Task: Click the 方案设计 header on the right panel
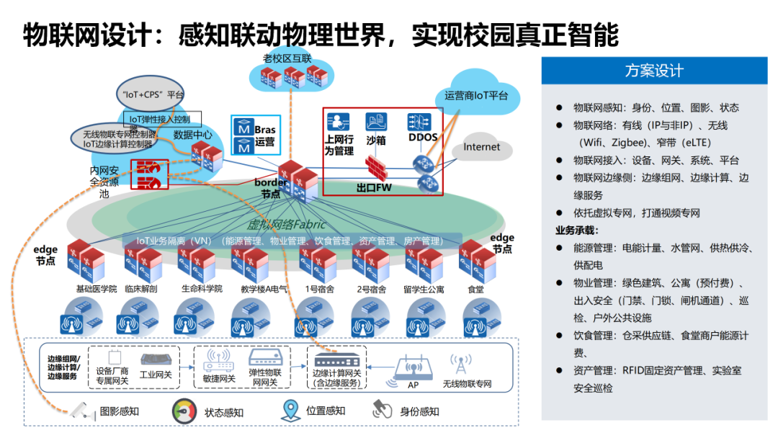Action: coord(653,71)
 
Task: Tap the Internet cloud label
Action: coord(481,147)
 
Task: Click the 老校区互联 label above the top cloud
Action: coord(287,58)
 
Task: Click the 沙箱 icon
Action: coord(375,122)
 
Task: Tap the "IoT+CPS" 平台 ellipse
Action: coord(152,94)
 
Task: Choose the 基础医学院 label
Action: coord(97,289)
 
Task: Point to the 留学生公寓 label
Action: coord(424,289)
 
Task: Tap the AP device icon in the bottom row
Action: coord(413,367)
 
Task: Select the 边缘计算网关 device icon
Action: coord(336,360)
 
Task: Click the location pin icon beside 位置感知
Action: coord(290,411)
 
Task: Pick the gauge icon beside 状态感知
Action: coord(184,412)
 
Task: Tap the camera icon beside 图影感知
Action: coord(81,410)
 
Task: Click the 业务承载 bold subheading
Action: coord(576,231)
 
